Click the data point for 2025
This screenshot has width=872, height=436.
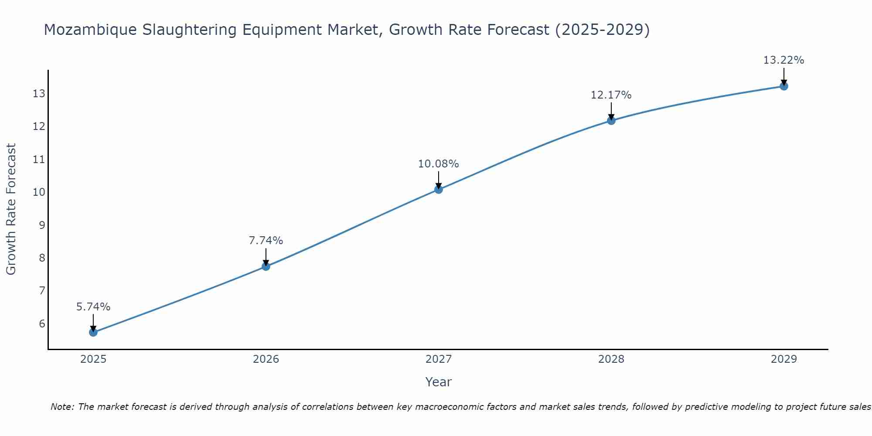click(93, 332)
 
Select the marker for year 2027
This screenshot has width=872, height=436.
click(439, 189)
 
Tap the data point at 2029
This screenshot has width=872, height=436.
click(783, 86)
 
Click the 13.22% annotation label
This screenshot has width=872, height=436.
click(783, 60)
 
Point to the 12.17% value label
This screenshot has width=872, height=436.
click(611, 95)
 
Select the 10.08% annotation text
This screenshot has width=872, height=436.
click(438, 164)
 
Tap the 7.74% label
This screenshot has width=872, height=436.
click(266, 241)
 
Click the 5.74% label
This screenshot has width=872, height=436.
click(93, 307)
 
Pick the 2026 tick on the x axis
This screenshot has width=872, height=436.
click(266, 359)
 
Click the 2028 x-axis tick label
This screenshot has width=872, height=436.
click(611, 359)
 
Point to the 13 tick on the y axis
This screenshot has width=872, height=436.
click(39, 94)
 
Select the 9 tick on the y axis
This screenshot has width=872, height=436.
click(42, 225)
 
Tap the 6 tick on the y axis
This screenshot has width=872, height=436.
click(42, 324)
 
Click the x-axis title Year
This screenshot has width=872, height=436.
click(438, 382)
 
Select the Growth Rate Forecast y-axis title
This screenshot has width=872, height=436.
click(11, 209)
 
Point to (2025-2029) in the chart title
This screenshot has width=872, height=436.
click(602, 30)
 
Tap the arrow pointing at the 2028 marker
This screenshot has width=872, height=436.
click(611, 111)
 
